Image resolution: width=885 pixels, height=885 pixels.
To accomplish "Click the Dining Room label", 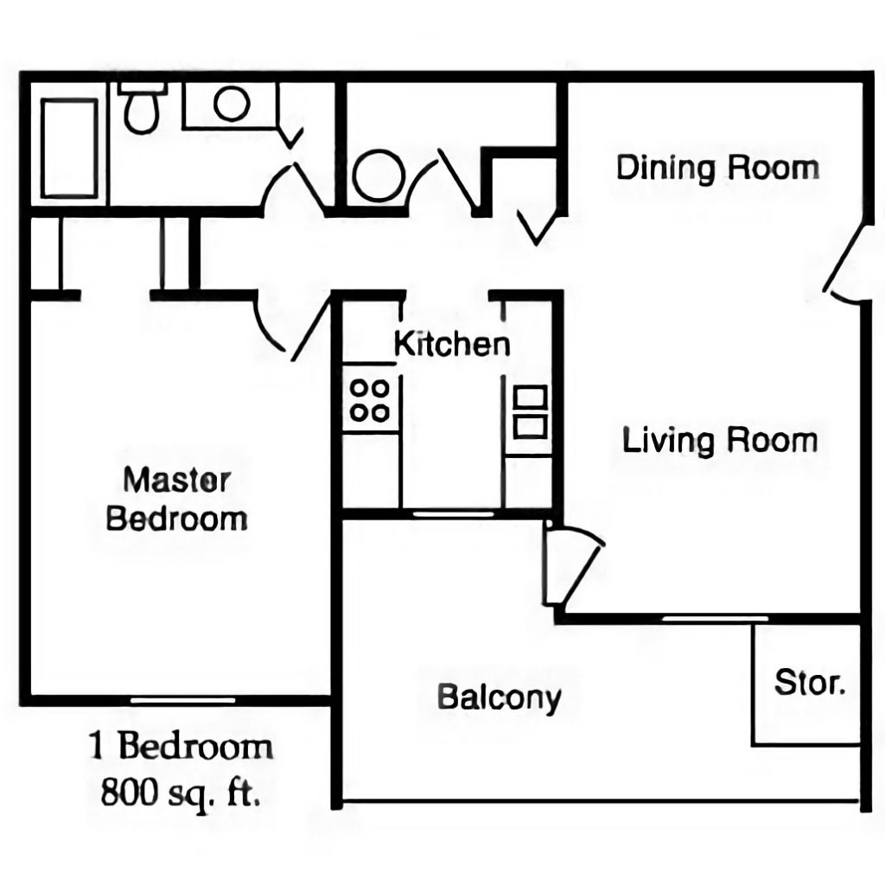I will (x=717, y=167).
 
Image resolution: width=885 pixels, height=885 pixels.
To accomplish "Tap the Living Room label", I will (x=720, y=441).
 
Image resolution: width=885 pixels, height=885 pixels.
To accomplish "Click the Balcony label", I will (x=499, y=697).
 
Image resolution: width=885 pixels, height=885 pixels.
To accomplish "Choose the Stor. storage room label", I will (x=809, y=683).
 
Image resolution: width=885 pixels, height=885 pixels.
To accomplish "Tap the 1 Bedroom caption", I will (x=181, y=746).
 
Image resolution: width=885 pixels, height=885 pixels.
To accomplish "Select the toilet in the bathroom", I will (x=141, y=108).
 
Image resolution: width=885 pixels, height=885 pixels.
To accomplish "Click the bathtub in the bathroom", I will (x=70, y=147).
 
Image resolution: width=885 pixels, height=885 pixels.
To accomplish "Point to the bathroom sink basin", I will (x=232, y=105).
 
